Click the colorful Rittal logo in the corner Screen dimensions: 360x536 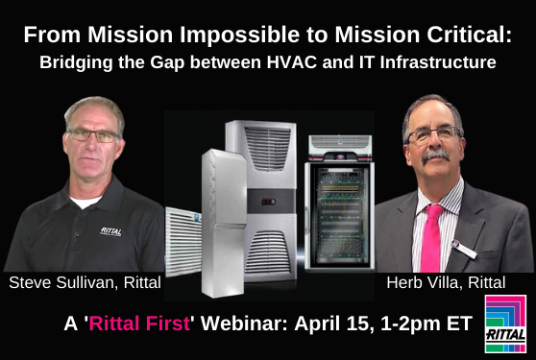(x=505, y=324)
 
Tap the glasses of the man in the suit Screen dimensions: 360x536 (x=431, y=135)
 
